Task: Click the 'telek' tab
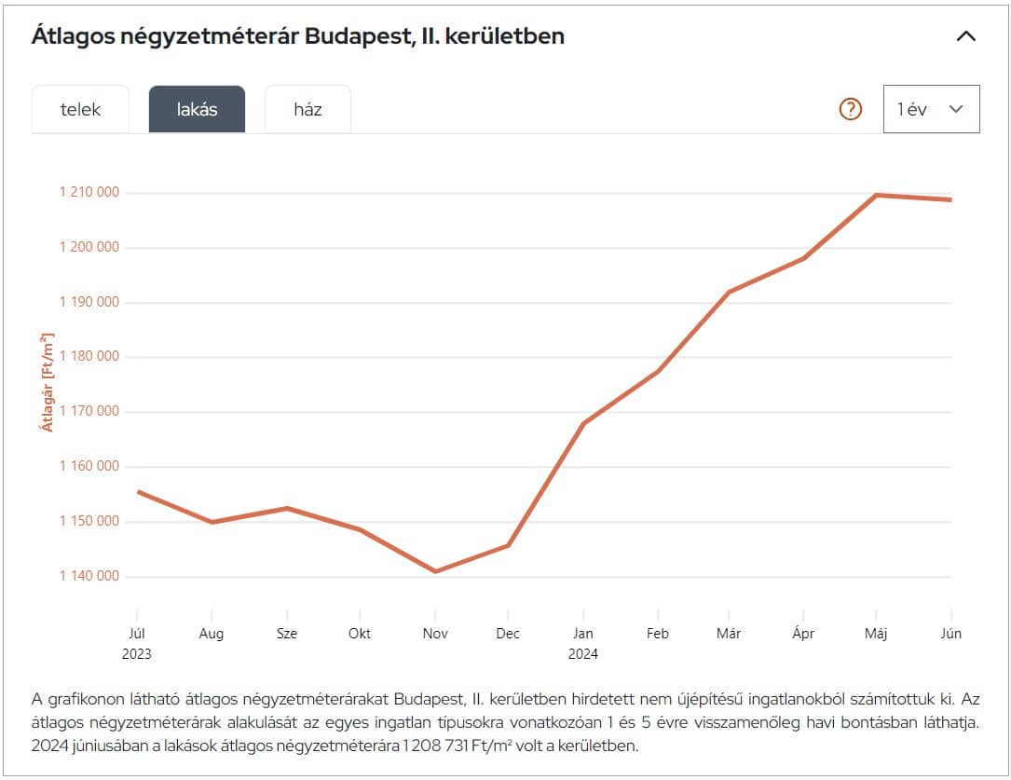80,109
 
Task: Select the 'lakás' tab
197,109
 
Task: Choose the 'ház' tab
307,109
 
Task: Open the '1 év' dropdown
931,109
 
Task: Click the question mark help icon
851,109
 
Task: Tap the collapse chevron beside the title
966,37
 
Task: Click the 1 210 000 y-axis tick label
89,193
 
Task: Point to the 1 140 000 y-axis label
89,576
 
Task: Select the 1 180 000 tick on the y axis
89,357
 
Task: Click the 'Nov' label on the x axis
435,634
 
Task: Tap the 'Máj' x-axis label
877,634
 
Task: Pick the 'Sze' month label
286,634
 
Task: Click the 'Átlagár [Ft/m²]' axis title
46,382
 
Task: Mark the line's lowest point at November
435,571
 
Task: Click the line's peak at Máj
877,195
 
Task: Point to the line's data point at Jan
583,424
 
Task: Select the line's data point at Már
729,293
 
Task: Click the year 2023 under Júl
136,654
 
